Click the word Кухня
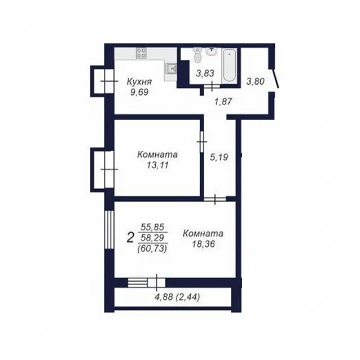(x=139, y=81)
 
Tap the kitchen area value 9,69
(x=139, y=92)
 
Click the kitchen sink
(x=171, y=68)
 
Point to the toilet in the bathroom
(x=197, y=55)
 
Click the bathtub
(x=229, y=65)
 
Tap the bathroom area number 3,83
(x=205, y=73)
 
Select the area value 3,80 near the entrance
(x=255, y=81)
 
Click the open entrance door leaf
(x=275, y=78)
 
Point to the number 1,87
(x=223, y=101)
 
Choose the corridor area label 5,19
(x=219, y=157)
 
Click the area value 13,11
(x=157, y=165)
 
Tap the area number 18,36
(x=203, y=244)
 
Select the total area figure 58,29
(x=152, y=238)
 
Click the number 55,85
(x=152, y=227)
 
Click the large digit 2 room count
(x=130, y=238)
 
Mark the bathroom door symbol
(x=212, y=86)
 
